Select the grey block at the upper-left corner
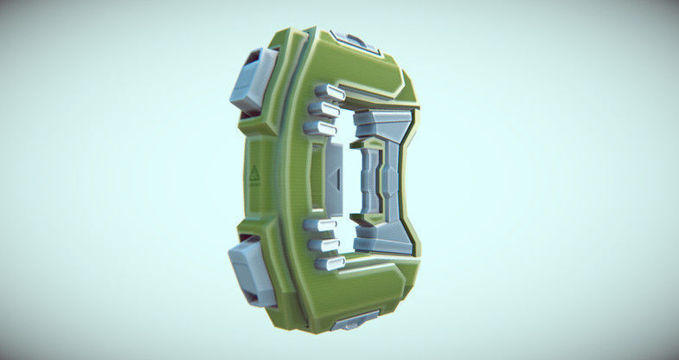tap(253, 79)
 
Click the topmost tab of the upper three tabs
tap(330, 92)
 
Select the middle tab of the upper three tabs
tap(323, 110)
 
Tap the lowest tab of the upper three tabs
tap(319, 129)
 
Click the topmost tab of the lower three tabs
tap(319, 226)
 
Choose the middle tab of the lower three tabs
tap(324, 244)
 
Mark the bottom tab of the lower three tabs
tap(330, 261)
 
